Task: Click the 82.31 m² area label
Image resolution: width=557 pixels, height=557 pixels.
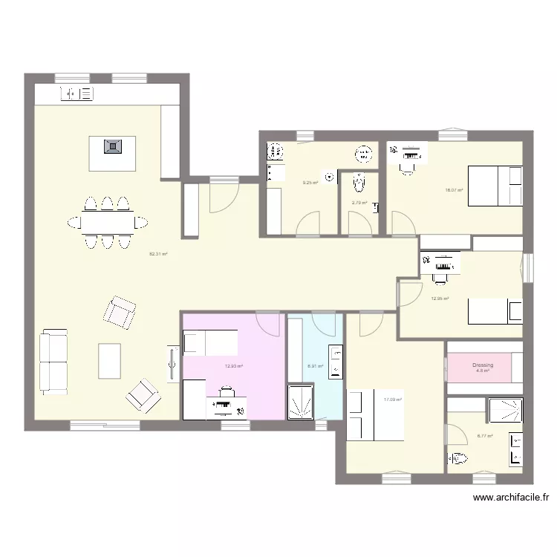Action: coord(158,254)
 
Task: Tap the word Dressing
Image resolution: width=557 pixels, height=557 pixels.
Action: coord(483,365)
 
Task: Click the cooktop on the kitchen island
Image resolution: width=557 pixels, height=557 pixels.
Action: coord(112,146)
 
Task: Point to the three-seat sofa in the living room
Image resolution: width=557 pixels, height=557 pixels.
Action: coord(53,362)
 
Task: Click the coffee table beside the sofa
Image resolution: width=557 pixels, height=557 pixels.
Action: coord(109,362)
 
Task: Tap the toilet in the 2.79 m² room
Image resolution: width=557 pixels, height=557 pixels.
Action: coord(359,182)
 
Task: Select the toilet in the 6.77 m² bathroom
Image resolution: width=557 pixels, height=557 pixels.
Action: coord(457,460)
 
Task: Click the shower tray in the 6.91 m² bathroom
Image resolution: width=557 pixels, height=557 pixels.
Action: coord(301,402)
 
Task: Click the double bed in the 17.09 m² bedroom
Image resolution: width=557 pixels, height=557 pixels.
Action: coord(375,414)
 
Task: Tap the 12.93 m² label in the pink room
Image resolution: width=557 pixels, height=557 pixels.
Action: coord(234,365)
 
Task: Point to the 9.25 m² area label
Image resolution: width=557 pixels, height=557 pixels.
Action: coord(310,183)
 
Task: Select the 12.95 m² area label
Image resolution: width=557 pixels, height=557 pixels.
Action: coord(440,299)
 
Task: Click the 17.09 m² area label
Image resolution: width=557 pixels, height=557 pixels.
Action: coord(393,400)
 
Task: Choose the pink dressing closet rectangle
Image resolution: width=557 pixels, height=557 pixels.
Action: coord(480,366)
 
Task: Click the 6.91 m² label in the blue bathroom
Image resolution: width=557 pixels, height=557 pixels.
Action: coord(315,365)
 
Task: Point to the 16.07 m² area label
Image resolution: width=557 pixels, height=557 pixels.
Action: coord(454,190)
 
